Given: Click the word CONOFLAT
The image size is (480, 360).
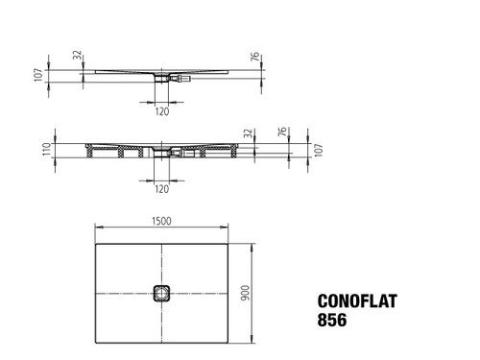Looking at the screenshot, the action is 357,301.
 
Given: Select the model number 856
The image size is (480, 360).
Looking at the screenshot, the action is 332,320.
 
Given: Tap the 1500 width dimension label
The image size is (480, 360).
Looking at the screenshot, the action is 161,221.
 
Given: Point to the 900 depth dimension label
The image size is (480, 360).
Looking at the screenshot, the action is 246,293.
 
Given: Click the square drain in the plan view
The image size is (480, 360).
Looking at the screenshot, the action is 161,293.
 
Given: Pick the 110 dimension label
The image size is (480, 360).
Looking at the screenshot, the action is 47,150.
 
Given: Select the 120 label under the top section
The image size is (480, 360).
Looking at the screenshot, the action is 162,111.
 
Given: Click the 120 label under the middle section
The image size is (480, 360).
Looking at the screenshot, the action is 161,189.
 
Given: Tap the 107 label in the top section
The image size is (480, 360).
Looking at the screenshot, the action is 38,75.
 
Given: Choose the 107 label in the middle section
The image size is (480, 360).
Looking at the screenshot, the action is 319,150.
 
